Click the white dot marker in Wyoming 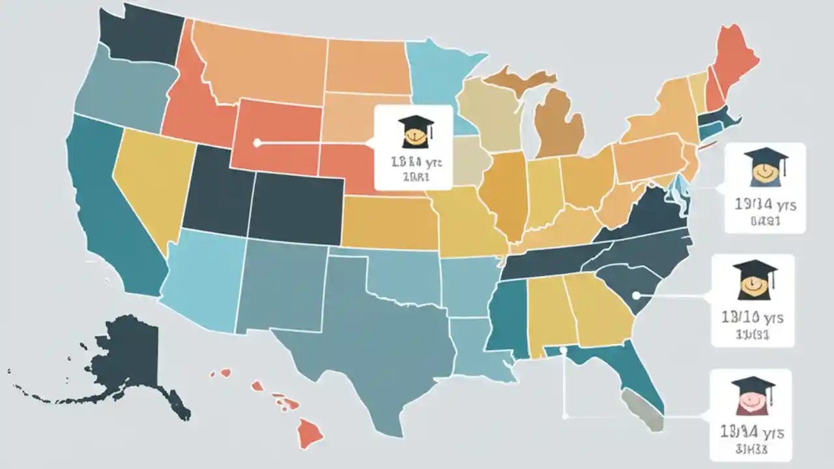pos(257,143)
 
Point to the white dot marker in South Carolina pos(636,296)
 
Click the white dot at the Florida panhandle pos(563,350)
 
